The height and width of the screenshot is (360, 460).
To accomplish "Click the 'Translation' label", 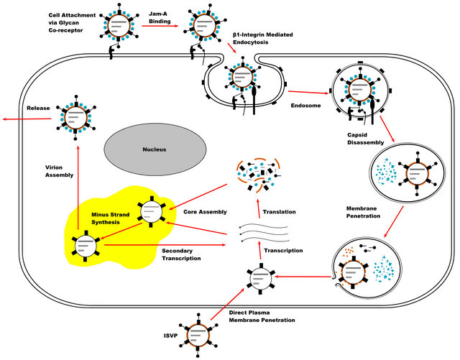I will [x=277, y=212].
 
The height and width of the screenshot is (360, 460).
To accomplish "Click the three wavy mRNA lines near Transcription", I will [x=262, y=236].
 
